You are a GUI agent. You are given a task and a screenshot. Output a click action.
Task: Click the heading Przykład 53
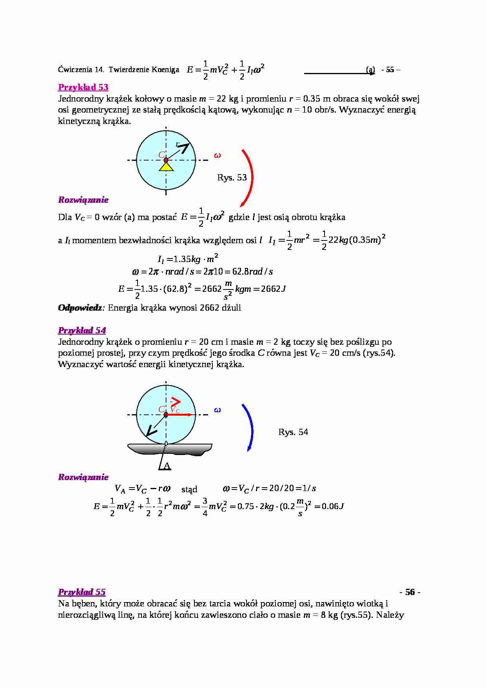(83, 87)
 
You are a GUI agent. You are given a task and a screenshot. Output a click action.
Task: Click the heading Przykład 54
(82, 330)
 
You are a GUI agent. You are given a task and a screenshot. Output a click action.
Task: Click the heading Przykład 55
(82, 592)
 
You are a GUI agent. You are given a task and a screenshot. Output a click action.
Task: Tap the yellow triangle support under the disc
(166, 167)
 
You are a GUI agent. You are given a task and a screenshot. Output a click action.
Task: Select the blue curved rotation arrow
(249, 428)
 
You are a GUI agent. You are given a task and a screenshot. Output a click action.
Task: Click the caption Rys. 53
(232, 178)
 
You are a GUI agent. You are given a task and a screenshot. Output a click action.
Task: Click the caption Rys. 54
(293, 432)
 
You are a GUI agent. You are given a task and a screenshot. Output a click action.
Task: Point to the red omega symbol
(218, 155)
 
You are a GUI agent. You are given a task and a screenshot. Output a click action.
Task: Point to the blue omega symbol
(218, 410)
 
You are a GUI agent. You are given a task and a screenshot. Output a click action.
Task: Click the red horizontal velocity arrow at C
(180, 415)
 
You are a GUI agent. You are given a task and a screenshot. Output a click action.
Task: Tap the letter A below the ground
(167, 466)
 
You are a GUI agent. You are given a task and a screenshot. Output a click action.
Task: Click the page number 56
(410, 592)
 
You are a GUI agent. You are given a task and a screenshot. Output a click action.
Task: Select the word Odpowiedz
(80, 308)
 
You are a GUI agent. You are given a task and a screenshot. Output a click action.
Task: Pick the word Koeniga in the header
(166, 70)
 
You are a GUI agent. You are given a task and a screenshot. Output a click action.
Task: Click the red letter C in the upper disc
(161, 155)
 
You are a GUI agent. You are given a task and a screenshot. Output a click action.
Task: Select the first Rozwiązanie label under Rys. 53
(83, 200)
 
